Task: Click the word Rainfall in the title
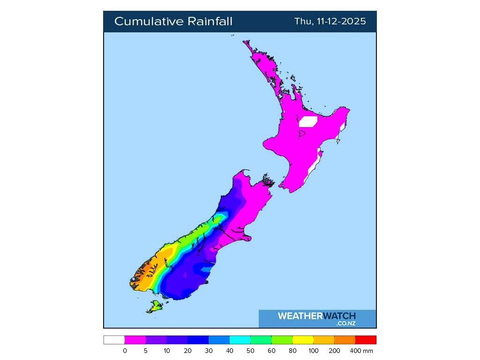pyautogui.click(x=210, y=22)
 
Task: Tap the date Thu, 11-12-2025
pyautogui.click(x=330, y=22)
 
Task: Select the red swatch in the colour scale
pyautogui.click(x=366, y=340)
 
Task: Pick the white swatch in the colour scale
pyautogui.click(x=114, y=340)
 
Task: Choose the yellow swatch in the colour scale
pyautogui.click(x=303, y=340)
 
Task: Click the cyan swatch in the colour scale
pyautogui.click(x=240, y=340)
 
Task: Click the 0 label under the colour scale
pyautogui.click(x=125, y=351)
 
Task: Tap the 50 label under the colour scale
pyautogui.click(x=250, y=351)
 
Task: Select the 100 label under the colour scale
pyautogui.click(x=313, y=351)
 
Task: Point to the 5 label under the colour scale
pyautogui.click(x=146, y=351)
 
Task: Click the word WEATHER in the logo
pyautogui.click(x=300, y=316)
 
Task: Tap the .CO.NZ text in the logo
pyautogui.click(x=346, y=323)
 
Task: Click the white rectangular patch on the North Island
pyautogui.click(x=308, y=121)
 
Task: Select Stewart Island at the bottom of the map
pyautogui.click(x=155, y=307)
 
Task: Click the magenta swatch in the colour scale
pyautogui.click(x=135, y=340)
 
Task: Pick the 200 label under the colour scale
pyautogui.click(x=334, y=351)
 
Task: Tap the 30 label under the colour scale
pyautogui.click(x=209, y=351)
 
